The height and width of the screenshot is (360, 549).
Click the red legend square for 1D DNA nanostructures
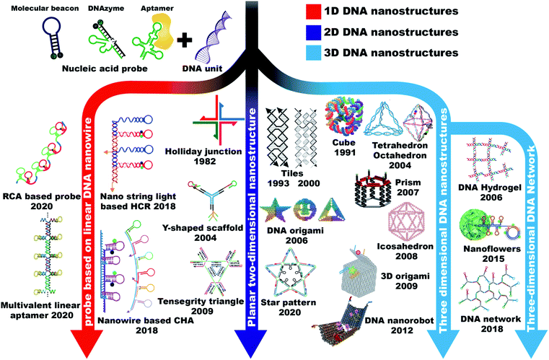point(313,12)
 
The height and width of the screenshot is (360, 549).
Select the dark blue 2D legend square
point(313,32)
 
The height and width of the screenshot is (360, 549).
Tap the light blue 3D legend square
point(313,53)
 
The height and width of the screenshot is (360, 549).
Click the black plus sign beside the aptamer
point(185,40)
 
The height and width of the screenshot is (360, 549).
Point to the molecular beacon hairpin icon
point(53,38)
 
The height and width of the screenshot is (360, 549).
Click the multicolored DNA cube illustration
point(344,117)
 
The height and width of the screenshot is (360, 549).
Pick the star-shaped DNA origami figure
point(275,210)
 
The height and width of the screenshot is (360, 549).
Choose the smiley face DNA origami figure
point(304,211)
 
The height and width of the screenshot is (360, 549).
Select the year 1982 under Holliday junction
point(205,162)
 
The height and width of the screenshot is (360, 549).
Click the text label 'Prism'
point(408,183)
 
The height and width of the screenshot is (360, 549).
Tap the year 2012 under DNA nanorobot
point(402,330)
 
